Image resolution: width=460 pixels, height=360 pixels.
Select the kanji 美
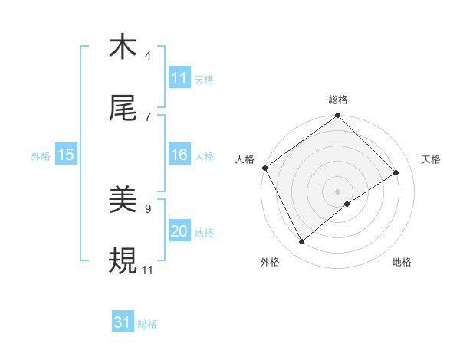pyautogui.click(x=123, y=201)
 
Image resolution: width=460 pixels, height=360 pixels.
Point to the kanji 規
pyautogui.click(x=123, y=261)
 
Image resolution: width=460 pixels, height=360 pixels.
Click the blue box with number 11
pyautogui.click(x=179, y=78)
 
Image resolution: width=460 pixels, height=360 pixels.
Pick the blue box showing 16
pyautogui.click(x=179, y=155)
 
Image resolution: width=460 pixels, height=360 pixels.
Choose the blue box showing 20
pyautogui.click(x=179, y=231)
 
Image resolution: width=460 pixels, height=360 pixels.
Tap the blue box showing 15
pyautogui.click(x=65, y=155)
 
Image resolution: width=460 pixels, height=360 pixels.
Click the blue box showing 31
pyautogui.click(x=123, y=322)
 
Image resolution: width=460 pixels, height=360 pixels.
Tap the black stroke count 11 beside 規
pyautogui.click(x=148, y=270)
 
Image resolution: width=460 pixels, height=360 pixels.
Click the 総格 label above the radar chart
pyautogui.click(x=338, y=100)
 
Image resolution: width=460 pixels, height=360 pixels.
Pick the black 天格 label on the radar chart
pyautogui.click(x=432, y=159)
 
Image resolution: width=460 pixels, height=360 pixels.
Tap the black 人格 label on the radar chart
pyautogui.click(x=245, y=159)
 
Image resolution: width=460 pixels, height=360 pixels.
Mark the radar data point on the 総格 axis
pyautogui.click(x=338, y=116)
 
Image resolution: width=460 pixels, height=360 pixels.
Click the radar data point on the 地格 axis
pyautogui.click(x=347, y=204)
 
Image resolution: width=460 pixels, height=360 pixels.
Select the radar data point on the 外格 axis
pyautogui.click(x=301, y=242)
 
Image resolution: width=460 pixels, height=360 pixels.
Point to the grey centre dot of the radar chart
pyautogui.click(x=338, y=190)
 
